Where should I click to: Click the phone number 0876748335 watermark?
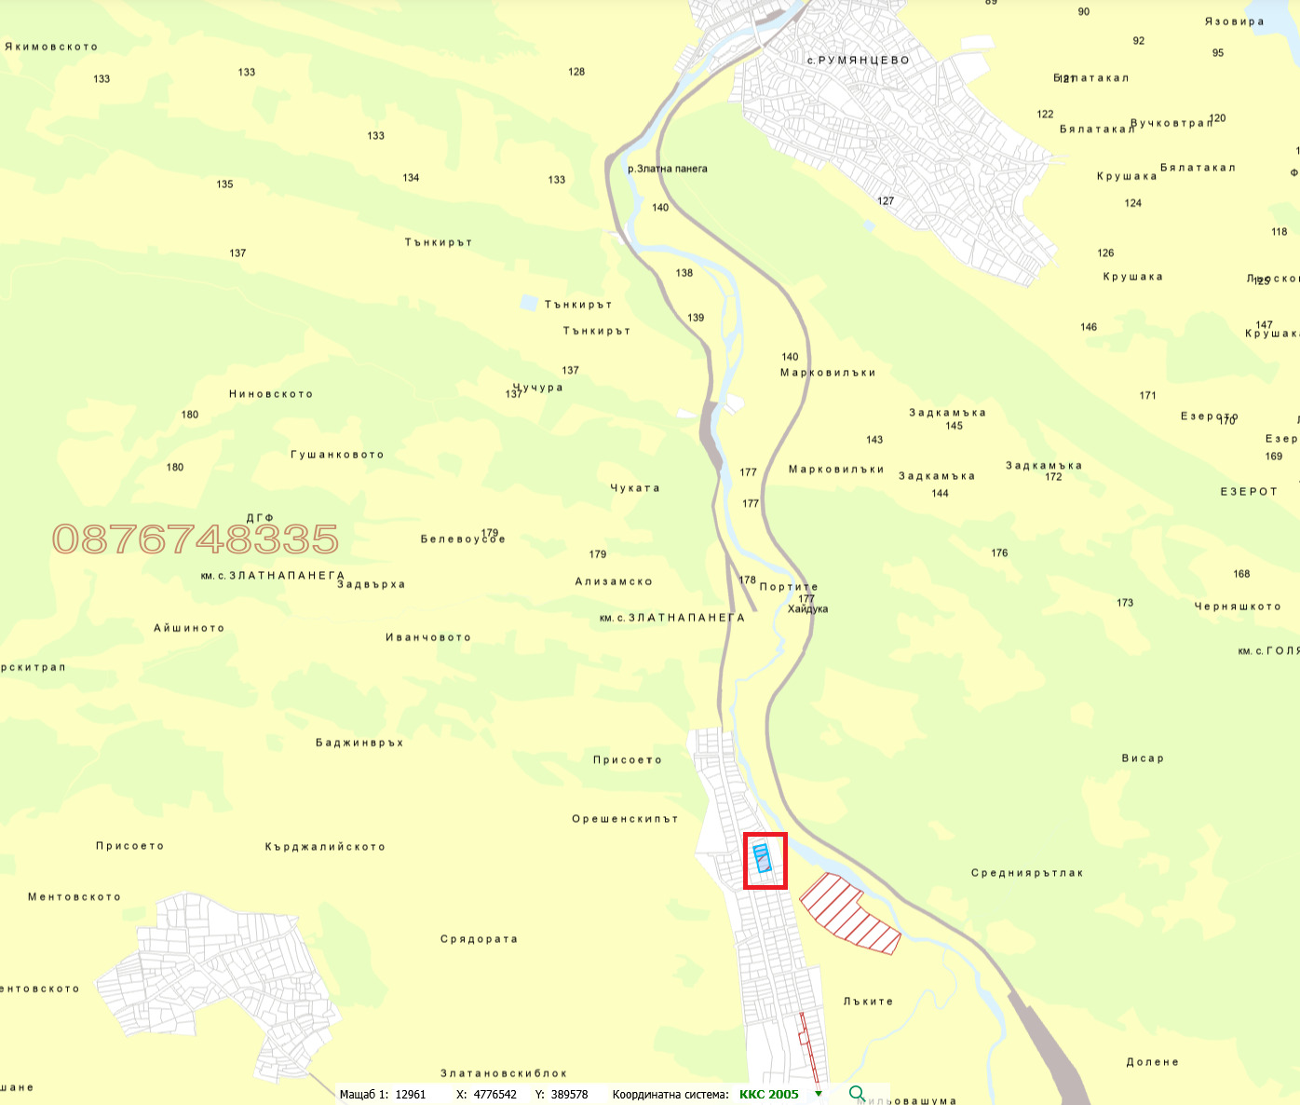(x=196, y=539)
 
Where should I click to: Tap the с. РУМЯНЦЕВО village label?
(x=858, y=61)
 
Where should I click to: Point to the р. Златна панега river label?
(x=668, y=169)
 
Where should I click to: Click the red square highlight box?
(x=765, y=861)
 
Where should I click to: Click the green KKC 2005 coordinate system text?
(x=768, y=1094)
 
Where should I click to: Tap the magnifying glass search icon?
(x=857, y=1094)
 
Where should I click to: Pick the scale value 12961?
(x=410, y=1094)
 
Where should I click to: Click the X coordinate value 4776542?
(x=494, y=1094)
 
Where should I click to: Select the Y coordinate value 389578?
(x=569, y=1094)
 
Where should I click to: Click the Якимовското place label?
(x=51, y=47)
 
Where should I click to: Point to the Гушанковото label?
(x=337, y=455)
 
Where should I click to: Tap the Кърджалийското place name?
(x=325, y=847)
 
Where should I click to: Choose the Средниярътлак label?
(x=1027, y=873)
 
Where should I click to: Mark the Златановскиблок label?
(x=504, y=1073)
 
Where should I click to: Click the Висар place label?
(x=1143, y=758)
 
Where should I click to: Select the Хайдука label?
(x=807, y=609)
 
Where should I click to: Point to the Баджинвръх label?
(x=359, y=743)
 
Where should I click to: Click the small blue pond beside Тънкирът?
(x=529, y=302)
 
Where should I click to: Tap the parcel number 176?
(x=999, y=552)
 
